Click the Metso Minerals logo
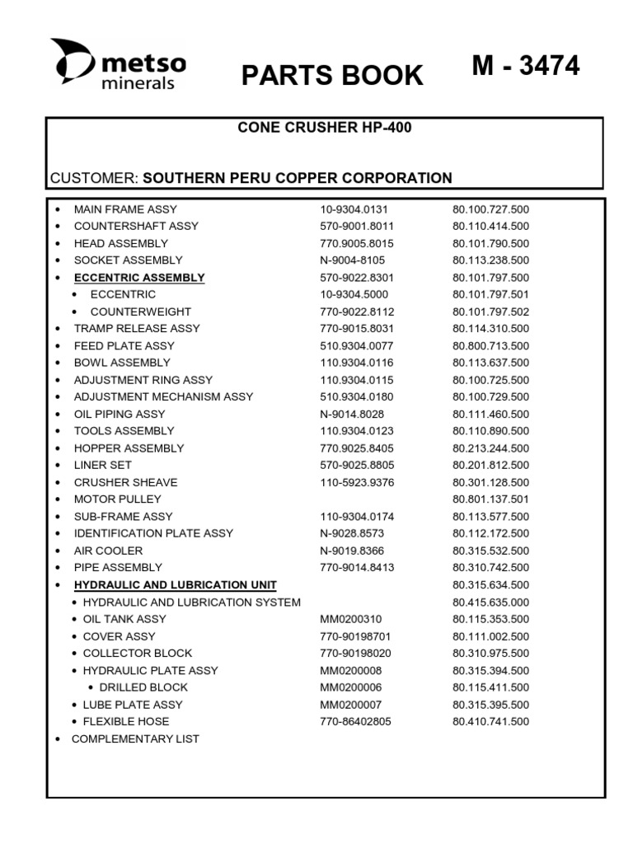tap(118, 63)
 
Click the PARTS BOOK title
tap(332, 75)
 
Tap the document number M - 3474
tap(526, 66)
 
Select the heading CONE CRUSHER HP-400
tap(324, 128)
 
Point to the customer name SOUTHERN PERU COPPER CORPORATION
tap(298, 178)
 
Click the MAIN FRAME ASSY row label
tap(125, 209)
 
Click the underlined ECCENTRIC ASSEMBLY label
tap(139, 278)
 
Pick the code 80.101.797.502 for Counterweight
tap(490, 312)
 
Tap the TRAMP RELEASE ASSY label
tap(137, 328)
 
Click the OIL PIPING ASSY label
tap(120, 414)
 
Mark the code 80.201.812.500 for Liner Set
tap(490, 465)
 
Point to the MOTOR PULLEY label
tap(118, 499)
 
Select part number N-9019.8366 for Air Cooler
tap(352, 551)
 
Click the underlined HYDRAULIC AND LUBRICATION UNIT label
tap(176, 585)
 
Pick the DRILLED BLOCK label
tap(143, 687)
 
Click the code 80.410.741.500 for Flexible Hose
tap(490, 721)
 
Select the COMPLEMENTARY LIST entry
tap(135, 738)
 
